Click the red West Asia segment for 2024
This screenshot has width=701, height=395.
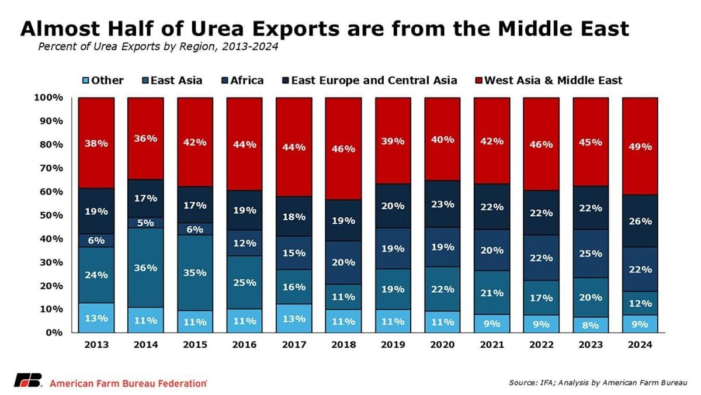640,146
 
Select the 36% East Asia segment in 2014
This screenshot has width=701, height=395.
145,268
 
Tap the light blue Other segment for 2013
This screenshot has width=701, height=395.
96,318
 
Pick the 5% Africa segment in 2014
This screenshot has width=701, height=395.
145,222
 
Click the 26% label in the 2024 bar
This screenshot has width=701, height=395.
640,221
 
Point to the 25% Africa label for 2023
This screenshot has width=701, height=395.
590,254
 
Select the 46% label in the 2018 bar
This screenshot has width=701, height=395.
343,149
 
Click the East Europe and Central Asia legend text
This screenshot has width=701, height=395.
374,81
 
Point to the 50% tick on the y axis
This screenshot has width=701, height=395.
50,215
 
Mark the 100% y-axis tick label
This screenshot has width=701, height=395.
48,98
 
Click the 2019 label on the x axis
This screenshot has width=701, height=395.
393,345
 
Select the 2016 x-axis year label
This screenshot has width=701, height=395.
244,345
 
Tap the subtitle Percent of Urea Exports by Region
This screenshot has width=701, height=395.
158,47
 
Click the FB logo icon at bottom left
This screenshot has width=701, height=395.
27,380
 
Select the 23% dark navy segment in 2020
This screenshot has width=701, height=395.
442,204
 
